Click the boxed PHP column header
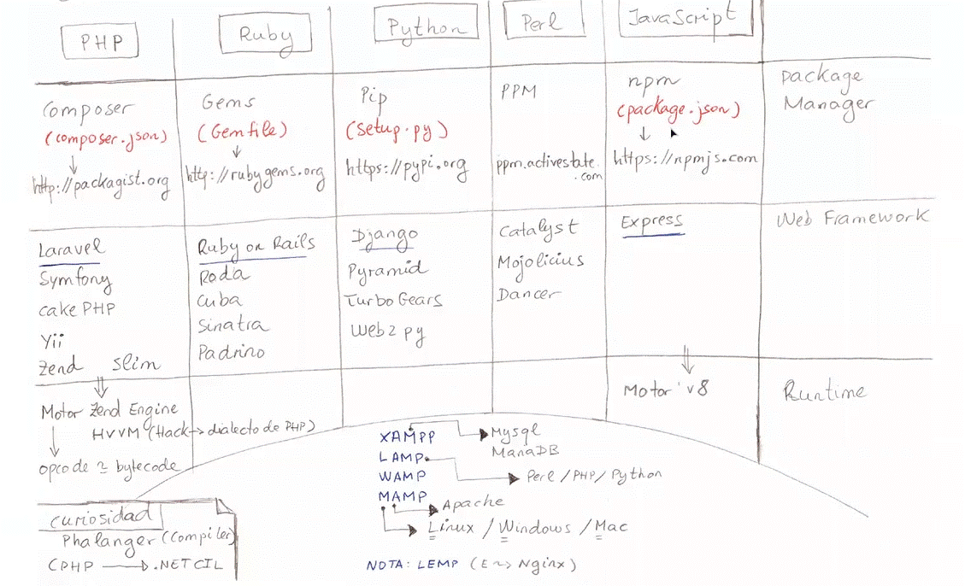click(x=99, y=42)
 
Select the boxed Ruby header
click(x=265, y=35)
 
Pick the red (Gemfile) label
click(x=243, y=132)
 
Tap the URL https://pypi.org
click(x=407, y=167)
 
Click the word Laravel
click(x=72, y=249)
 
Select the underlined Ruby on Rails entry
click(x=256, y=245)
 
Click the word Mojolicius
click(x=540, y=260)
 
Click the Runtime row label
click(x=824, y=392)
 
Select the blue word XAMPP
click(x=407, y=437)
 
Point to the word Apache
click(x=473, y=502)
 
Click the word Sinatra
click(x=232, y=325)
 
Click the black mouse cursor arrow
click(x=674, y=133)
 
